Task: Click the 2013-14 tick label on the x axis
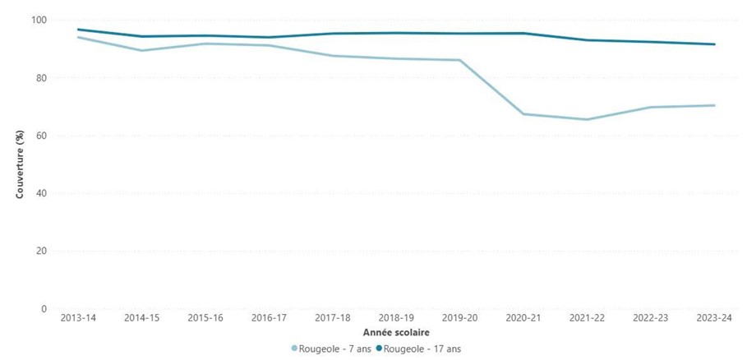pyautogui.click(x=78, y=317)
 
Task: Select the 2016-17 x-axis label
pyautogui.click(x=269, y=317)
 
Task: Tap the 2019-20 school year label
pyautogui.click(x=459, y=317)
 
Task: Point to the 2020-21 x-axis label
pyautogui.click(x=523, y=317)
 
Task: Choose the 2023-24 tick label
pyautogui.click(x=714, y=317)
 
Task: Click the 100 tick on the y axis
pyautogui.click(x=39, y=20)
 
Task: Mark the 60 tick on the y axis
pyautogui.click(x=41, y=136)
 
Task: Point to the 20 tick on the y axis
pyautogui.click(x=41, y=251)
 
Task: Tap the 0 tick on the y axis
pyautogui.click(x=44, y=308)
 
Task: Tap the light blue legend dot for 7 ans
pyautogui.click(x=294, y=348)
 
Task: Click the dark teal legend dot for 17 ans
pyautogui.click(x=380, y=348)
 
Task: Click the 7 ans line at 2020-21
pyautogui.click(x=523, y=113)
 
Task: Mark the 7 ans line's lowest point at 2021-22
pyautogui.click(x=587, y=119)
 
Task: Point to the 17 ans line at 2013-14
pyautogui.click(x=78, y=30)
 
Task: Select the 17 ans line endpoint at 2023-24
pyautogui.click(x=714, y=44)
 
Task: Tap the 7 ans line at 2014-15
pyautogui.click(x=141, y=50)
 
